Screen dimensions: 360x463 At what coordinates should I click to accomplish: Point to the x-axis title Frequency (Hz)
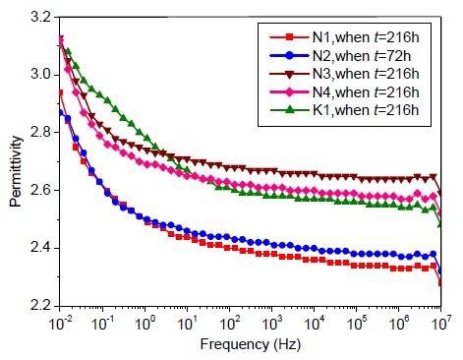[251, 347]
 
